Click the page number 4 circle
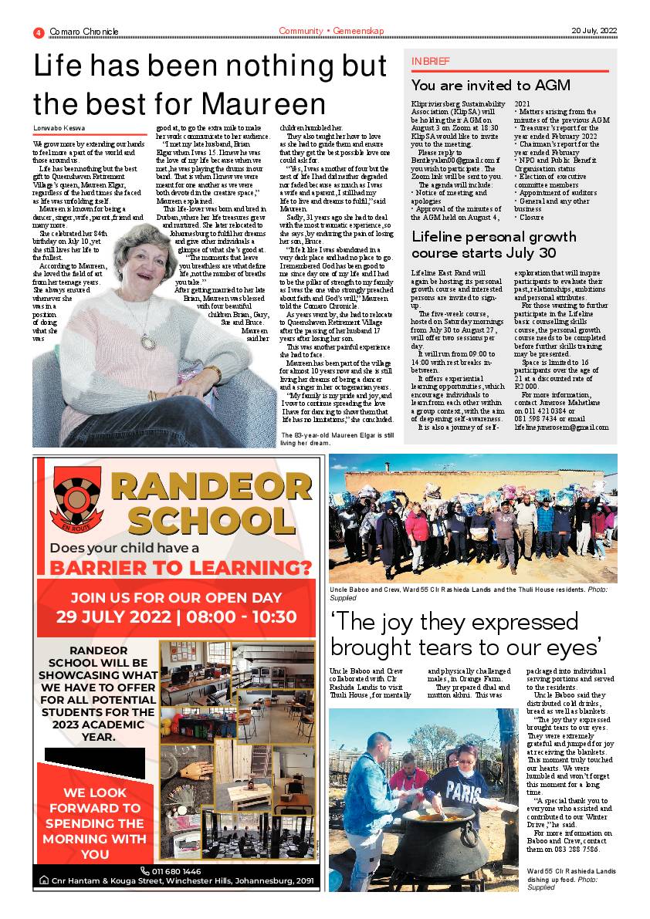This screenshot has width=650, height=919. pyautogui.click(x=38, y=32)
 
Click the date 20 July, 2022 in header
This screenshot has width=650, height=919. pyautogui.click(x=594, y=31)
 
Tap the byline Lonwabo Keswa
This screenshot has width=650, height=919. pyautogui.click(x=59, y=128)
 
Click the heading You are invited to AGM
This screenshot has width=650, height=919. pyautogui.click(x=482, y=86)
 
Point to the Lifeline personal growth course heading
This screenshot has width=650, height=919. pyautogui.click(x=494, y=245)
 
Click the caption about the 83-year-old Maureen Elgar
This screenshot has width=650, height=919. pyautogui.click(x=337, y=439)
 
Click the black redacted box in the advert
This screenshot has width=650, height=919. pyautogui.click(x=94, y=763)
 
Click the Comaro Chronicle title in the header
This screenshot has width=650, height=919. pyautogui.click(x=84, y=32)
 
